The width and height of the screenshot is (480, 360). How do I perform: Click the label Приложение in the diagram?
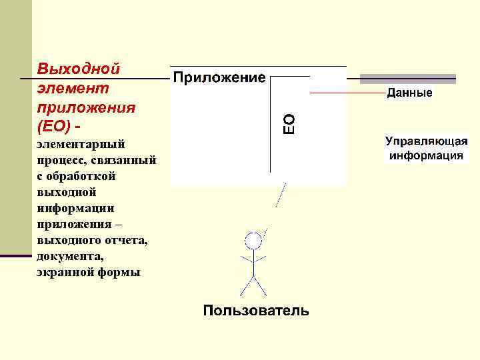tap(219, 78)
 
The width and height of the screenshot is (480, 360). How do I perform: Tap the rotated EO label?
tap(289, 124)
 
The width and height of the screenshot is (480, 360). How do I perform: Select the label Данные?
tap(409, 93)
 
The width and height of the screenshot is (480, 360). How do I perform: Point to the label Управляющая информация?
tap(427, 149)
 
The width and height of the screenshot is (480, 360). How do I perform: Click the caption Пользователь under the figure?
tap(256, 310)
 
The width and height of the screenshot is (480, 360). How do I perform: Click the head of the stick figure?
tap(253, 240)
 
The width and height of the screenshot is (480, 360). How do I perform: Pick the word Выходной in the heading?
tap(79, 69)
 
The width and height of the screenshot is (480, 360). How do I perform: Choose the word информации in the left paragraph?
tap(71, 208)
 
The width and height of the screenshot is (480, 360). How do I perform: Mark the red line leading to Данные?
tap(347, 93)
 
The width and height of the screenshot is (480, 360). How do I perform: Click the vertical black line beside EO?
tap(270, 127)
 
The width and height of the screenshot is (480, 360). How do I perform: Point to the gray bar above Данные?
tap(407, 79)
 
